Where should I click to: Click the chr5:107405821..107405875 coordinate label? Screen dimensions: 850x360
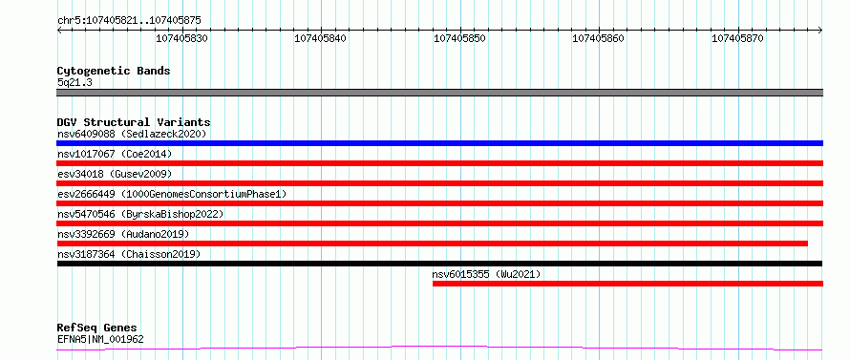129,21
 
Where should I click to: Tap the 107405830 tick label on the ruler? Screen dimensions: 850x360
182,38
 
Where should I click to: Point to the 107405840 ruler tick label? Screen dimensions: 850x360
320,38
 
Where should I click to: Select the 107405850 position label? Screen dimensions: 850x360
460,38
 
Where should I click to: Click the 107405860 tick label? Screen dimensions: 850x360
599,38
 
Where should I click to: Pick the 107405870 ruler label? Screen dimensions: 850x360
738,38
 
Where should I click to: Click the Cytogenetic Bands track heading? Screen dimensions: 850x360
114,71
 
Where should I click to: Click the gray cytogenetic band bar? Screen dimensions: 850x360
439,93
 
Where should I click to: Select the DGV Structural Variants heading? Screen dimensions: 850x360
134,122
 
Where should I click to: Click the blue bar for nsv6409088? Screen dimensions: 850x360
439,143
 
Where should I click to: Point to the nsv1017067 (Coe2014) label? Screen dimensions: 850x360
115,154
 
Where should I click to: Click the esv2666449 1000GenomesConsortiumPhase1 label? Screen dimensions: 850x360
172,194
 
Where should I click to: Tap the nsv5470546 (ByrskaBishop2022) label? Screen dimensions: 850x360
140,214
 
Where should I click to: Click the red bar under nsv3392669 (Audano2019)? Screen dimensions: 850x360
432,244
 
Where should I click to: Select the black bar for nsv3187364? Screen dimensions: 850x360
439,264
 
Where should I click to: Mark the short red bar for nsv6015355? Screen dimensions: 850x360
627,284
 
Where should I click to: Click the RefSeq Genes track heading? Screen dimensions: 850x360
97,328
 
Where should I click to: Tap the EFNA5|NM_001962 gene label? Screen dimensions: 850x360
100,340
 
